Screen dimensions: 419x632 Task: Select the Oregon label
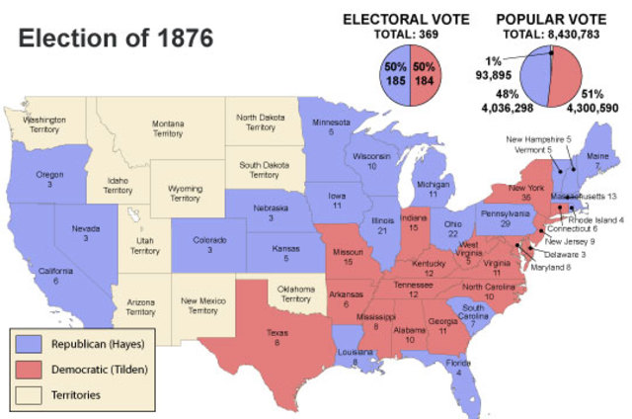coord(45,178)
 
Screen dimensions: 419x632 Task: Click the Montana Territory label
coord(168,129)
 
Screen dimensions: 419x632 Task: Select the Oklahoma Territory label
coord(296,293)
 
